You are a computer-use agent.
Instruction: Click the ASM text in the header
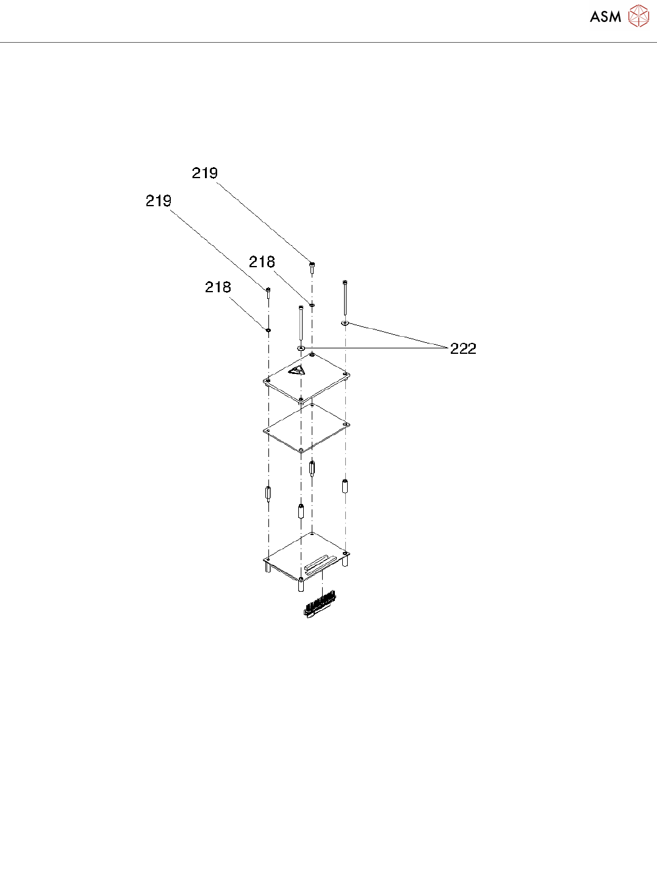(x=605, y=17)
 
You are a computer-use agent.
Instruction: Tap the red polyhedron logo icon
(x=639, y=16)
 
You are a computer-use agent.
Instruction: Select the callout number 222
(x=463, y=348)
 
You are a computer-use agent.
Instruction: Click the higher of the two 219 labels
(x=205, y=173)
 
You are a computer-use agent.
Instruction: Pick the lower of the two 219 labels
(x=159, y=201)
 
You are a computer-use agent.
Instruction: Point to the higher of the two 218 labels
(x=262, y=262)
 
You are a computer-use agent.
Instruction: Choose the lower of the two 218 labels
(x=218, y=287)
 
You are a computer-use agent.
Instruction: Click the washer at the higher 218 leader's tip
(x=312, y=304)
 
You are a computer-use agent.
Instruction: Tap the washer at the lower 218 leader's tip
(x=268, y=330)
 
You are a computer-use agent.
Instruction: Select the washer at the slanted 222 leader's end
(x=345, y=323)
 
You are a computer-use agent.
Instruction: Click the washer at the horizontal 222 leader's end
(x=301, y=348)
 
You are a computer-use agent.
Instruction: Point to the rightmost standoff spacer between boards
(x=345, y=486)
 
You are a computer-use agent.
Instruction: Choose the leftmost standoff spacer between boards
(x=268, y=492)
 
